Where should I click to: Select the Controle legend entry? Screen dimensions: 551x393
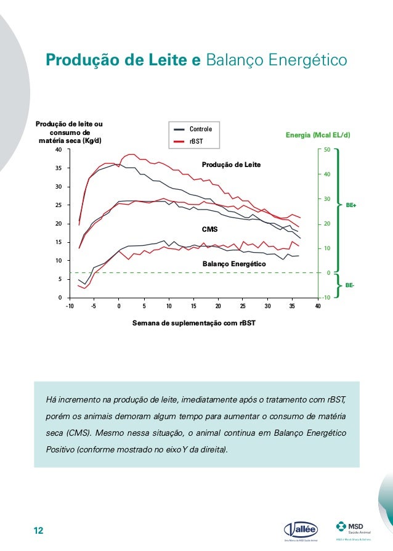click(200, 129)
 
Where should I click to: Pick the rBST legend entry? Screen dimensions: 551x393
click(196, 142)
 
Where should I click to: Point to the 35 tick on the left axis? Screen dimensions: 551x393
click(58, 168)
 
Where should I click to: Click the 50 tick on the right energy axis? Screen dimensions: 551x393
click(327, 150)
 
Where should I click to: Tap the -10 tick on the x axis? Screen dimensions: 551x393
click(69, 306)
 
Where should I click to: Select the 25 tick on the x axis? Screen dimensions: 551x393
click(243, 306)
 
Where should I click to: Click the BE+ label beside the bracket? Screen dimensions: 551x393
click(351, 204)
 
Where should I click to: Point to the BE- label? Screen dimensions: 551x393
click(350, 285)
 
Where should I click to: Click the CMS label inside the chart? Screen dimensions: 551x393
click(210, 229)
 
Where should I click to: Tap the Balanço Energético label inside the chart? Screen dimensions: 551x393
click(234, 264)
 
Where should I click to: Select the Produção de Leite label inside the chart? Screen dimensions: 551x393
click(232, 165)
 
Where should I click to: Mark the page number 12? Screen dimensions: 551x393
click(39, 531)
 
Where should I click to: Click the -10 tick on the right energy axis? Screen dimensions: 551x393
click(326, 298)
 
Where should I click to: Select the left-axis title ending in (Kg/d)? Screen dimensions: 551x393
click(69, 133)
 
